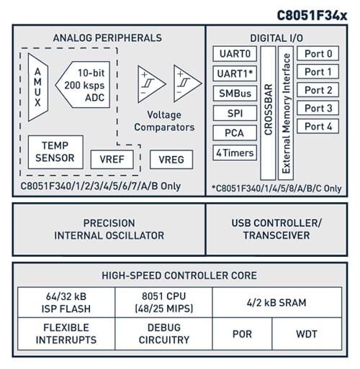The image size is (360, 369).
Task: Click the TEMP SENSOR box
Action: [x=55, y=152]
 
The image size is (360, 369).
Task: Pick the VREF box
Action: [x=112, y=159]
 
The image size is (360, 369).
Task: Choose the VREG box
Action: [x=171, y=159]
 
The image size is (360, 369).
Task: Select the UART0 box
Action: [x=234, y=54]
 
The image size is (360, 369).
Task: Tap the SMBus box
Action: [x=234, y=94]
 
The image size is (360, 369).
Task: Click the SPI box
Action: [x=234, y=113]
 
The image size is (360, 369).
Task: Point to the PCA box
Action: [x=234, y=132]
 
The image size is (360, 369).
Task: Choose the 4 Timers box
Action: [x=234, y=152]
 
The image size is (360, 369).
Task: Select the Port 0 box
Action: [x=318, y=54]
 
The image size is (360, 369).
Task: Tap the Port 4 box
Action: [x=318, y=126]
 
